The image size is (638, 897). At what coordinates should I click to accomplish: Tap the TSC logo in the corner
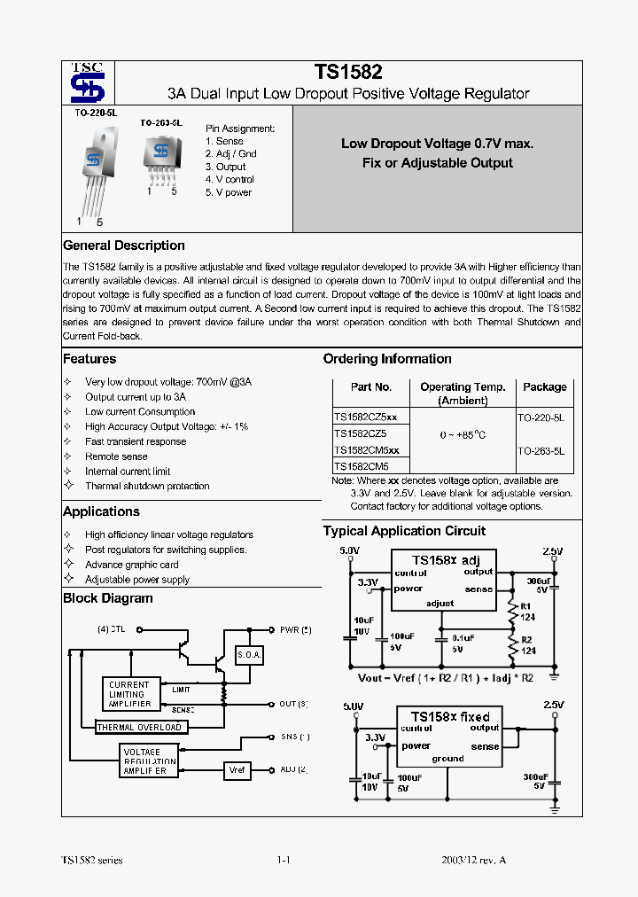coord(88,83)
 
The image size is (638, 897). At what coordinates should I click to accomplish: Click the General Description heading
coord(124,246)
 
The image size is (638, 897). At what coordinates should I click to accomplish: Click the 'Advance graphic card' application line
coord(131,565)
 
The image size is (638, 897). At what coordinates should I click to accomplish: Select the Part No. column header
coord(370,387)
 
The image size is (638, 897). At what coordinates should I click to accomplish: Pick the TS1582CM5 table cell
coord(361,466)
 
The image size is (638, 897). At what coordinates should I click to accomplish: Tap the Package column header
coord(544,387)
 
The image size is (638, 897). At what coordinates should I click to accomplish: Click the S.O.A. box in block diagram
coord(249,656)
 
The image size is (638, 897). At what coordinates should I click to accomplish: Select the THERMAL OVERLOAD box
coord(140,728)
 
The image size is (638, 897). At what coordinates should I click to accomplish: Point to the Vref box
coord(237,770)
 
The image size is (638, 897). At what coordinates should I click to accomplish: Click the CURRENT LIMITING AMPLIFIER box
coord(129,694)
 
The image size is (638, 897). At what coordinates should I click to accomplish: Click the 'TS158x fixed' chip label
coord(449,715)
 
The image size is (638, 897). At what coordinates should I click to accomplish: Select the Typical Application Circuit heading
coord(404,531)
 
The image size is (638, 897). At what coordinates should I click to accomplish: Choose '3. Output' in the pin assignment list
coord(226,167)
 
